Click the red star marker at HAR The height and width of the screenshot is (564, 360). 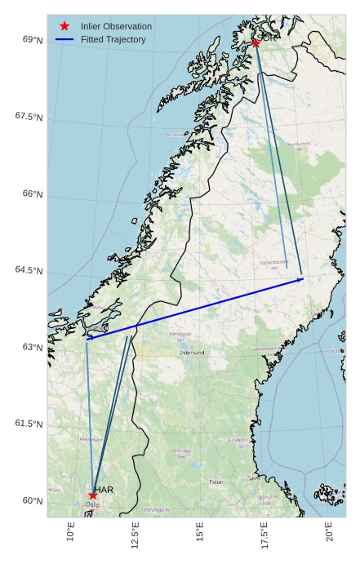[93, 495]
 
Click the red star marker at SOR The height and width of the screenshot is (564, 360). [256, 43]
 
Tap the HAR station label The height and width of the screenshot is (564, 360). [104, 490]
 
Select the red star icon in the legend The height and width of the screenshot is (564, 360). [64, 26]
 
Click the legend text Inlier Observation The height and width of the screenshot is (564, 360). [116, 26]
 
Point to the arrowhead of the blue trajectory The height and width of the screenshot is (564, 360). [301, 279]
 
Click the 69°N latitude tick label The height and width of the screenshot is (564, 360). [29, 40]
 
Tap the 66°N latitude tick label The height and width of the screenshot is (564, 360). [29, 193]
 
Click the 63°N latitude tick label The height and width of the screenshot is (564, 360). [29, 347]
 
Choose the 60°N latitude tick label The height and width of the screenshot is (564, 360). [29, 500]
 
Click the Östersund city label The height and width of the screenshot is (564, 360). [192, 353]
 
